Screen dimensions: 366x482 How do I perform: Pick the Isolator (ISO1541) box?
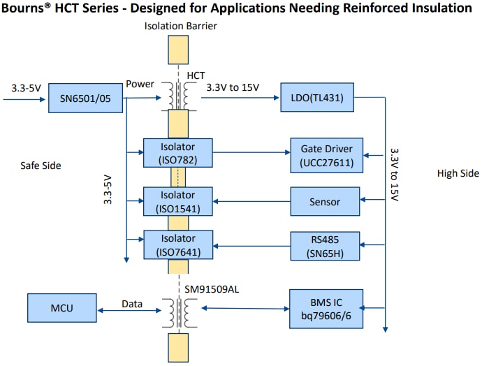coord(177,201)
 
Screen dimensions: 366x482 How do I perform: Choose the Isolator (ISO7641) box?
coord(177,244)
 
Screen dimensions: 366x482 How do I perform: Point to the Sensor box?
coord(326,202)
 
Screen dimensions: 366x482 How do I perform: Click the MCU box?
coord(62,307)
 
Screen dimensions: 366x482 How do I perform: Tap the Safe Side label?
coord(41,166)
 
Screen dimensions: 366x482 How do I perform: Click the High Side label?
coord(458,173)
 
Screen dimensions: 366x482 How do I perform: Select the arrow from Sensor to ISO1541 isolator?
coord(252,202)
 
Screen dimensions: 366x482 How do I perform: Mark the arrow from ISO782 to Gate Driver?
coord(252,152)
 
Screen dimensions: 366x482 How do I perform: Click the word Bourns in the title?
coord(25,8)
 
